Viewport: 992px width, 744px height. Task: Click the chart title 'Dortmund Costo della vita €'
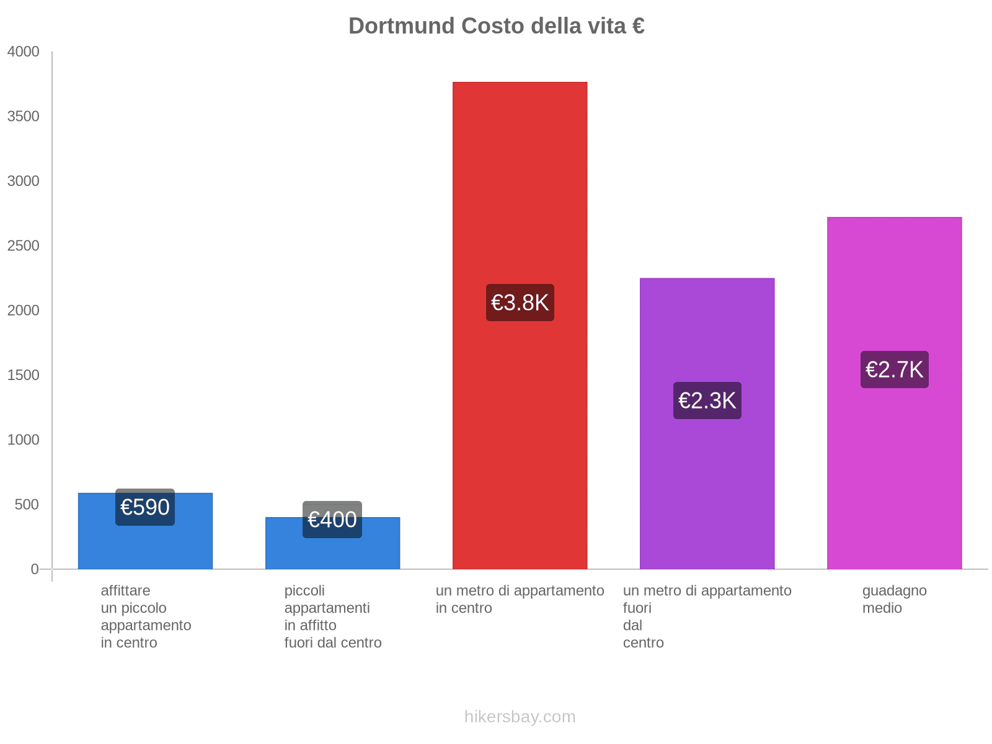(x=496, y=26)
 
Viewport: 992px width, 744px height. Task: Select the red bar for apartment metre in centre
(x=520, y=186)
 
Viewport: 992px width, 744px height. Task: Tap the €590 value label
(x=145, y=507)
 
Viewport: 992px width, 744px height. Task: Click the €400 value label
(x=332, y=520)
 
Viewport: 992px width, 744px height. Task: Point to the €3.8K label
(x=520, y=303)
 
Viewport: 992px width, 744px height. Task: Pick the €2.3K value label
(x=707, y=401)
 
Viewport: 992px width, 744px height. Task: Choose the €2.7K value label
(x=894, y=370)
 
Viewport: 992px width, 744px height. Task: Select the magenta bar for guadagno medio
(x=894, y=471)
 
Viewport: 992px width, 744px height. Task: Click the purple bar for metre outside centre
(x=707, y=496)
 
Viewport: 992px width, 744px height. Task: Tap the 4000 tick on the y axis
(x=24, y=52)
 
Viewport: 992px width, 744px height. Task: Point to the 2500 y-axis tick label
(x=24, y=246)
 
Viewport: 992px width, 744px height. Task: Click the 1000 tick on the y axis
(x=24, y=440)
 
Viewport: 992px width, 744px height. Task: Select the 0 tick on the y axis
(x=35, y=569)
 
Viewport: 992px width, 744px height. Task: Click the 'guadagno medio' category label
(x=894, y=600)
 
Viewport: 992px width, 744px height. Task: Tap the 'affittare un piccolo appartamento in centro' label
(x=146, y=617)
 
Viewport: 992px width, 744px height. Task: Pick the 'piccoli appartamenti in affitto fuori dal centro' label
(x=333, y=617)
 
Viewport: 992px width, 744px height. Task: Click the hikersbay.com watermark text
(x=520, y=717)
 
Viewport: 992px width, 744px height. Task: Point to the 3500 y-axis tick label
(x=24, y=117)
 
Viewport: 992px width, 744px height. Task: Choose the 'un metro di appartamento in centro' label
(x=520, y=600)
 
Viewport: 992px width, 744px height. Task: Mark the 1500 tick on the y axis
(x=24, y=375)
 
